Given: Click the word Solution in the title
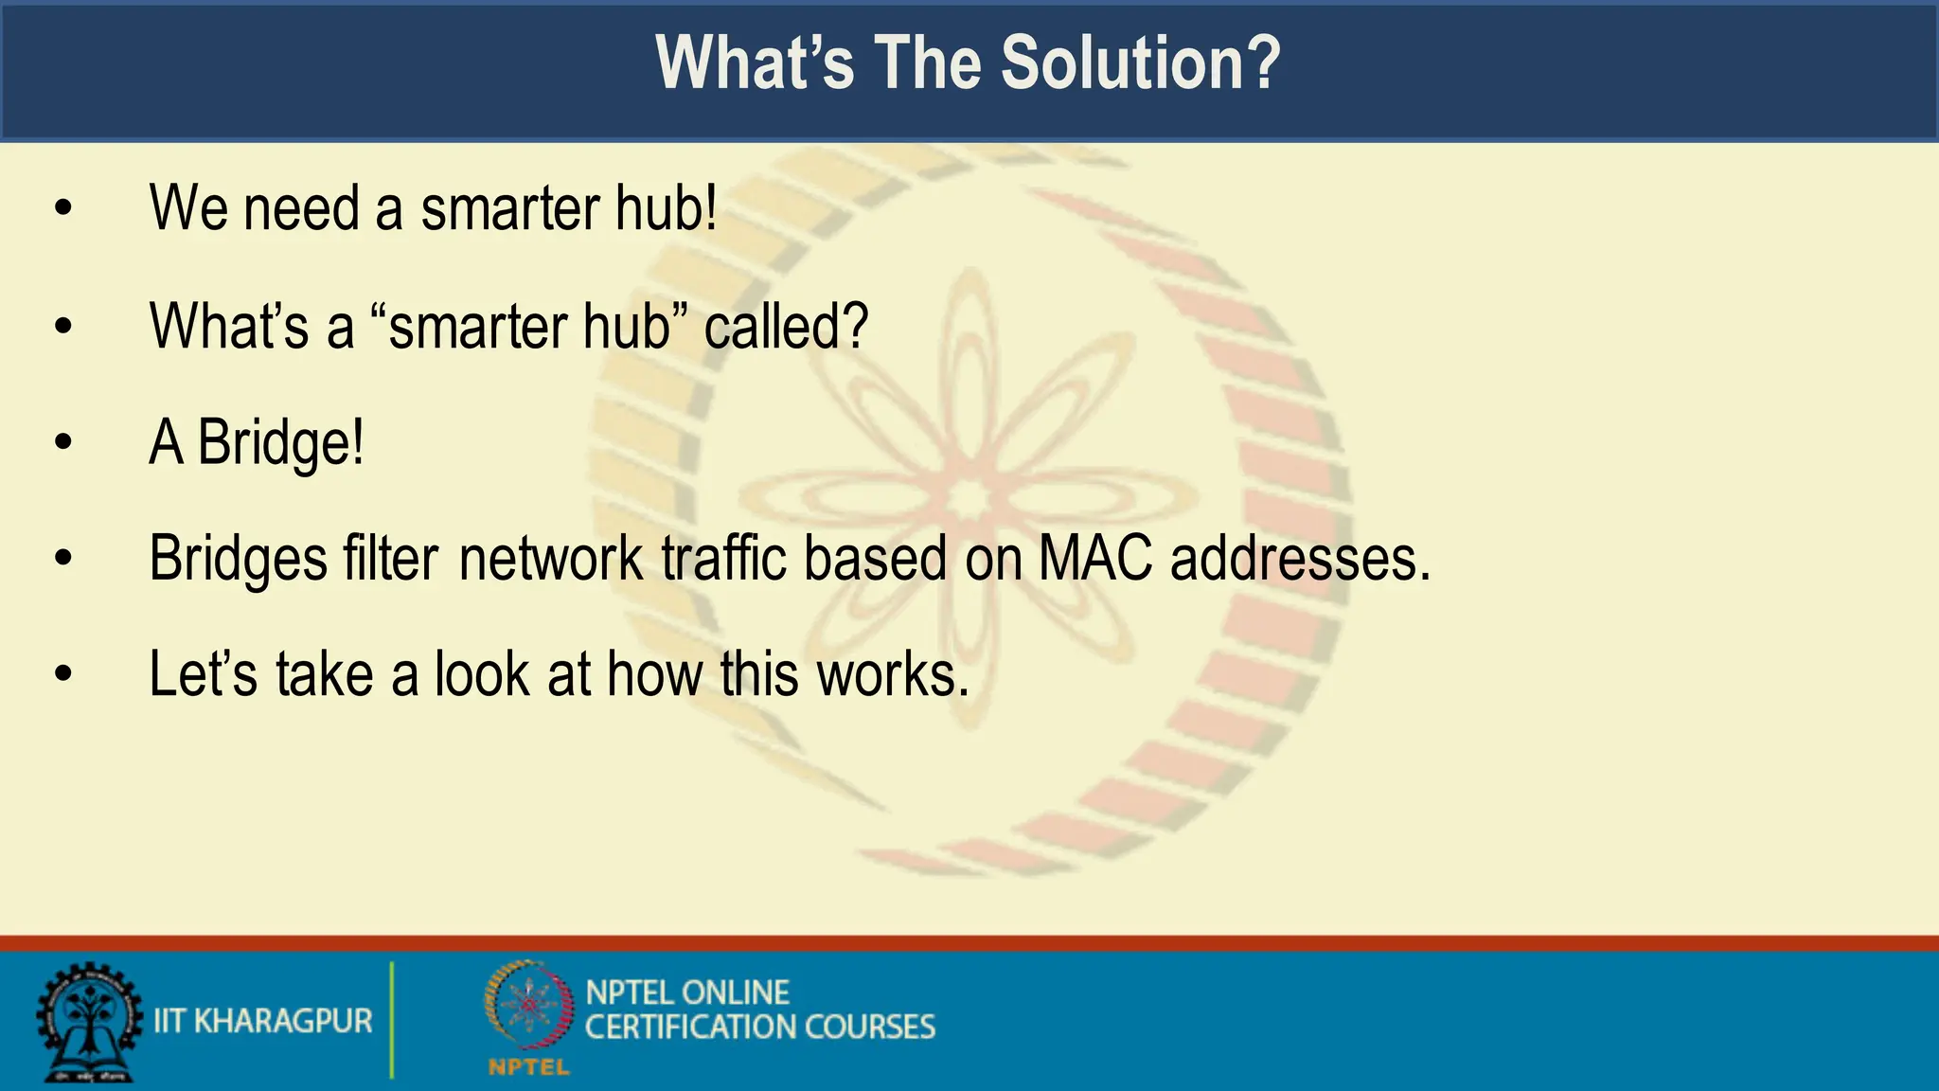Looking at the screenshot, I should coord(1140,63).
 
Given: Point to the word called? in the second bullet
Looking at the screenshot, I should coord(786,327).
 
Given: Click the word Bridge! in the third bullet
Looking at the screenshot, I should coord(281,442).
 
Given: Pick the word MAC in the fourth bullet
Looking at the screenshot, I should coord(1095,558).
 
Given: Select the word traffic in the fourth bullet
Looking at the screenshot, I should coord(723,558).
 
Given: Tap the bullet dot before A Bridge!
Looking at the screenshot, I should coord(63,442).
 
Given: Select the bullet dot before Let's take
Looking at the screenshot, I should coord(63,674).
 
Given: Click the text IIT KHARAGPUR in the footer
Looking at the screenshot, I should coord(263,1021).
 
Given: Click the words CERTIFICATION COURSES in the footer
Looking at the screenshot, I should coord(759,1028).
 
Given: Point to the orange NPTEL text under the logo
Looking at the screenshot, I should coord(528,1068).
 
